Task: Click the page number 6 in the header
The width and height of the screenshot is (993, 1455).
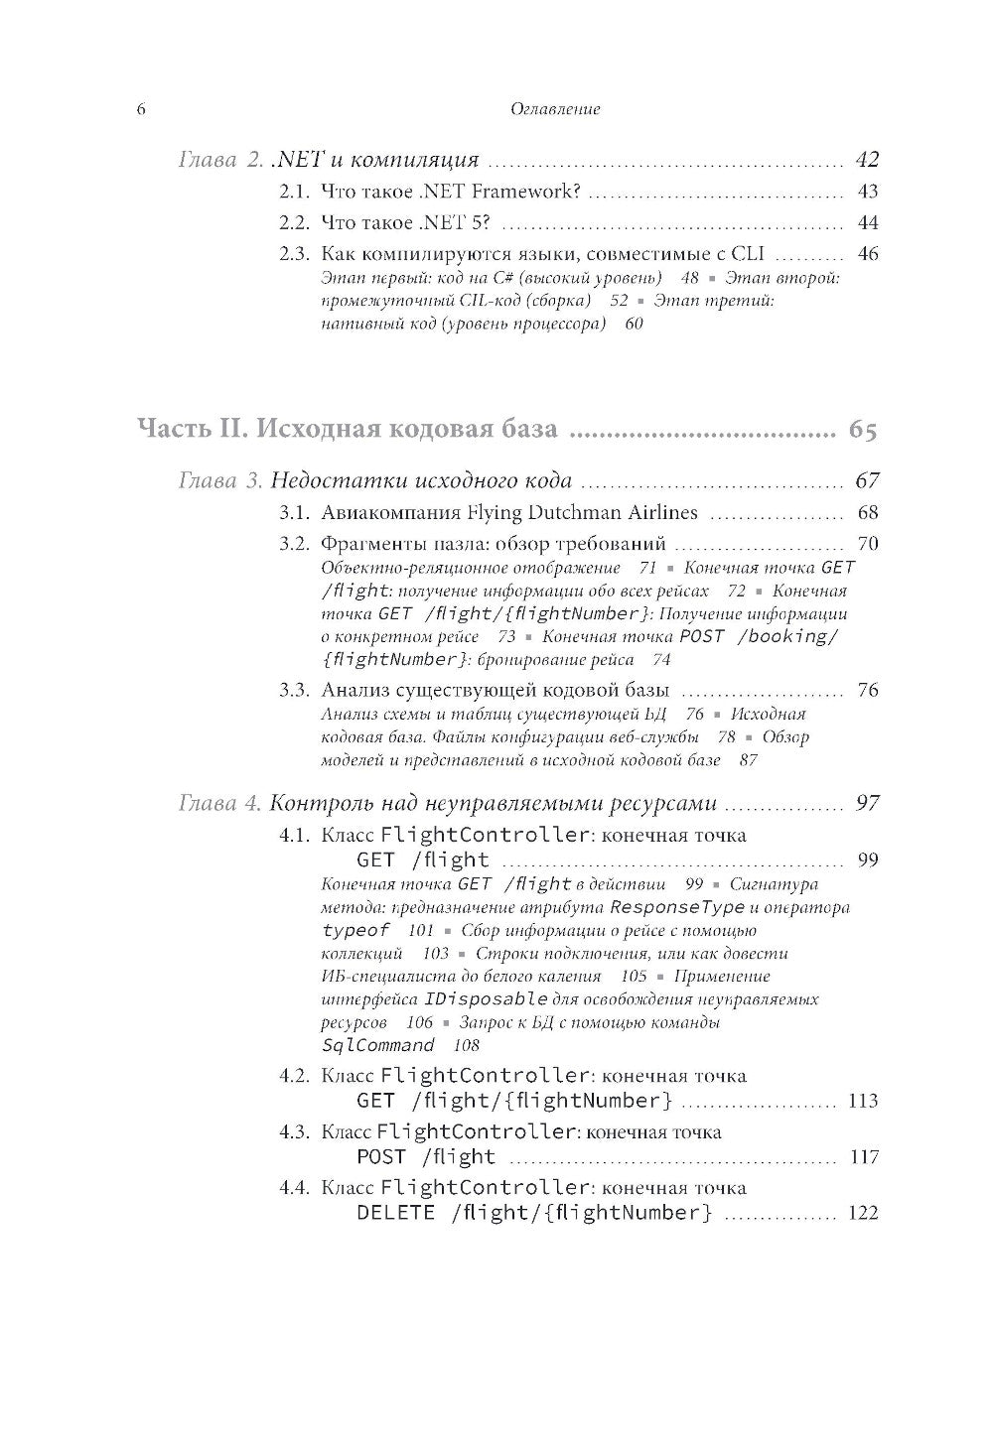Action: tap(141, 109)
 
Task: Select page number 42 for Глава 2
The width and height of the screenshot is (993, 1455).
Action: tap(867, 160)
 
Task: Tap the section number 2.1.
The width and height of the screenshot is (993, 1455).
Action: tap(295, 192)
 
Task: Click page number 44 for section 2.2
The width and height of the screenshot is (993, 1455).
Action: tap(868, 223)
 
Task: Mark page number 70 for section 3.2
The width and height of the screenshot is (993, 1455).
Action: tap(868, 544)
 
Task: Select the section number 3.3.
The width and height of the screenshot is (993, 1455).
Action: tap(295, 690)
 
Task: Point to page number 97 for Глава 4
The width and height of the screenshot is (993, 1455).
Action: tap(867, 803)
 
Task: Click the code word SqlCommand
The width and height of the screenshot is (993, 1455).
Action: tap(378, 1045)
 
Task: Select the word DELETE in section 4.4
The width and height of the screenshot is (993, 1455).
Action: tap(395, 1213)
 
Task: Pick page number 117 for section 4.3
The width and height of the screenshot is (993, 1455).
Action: tap(863, 1157)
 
